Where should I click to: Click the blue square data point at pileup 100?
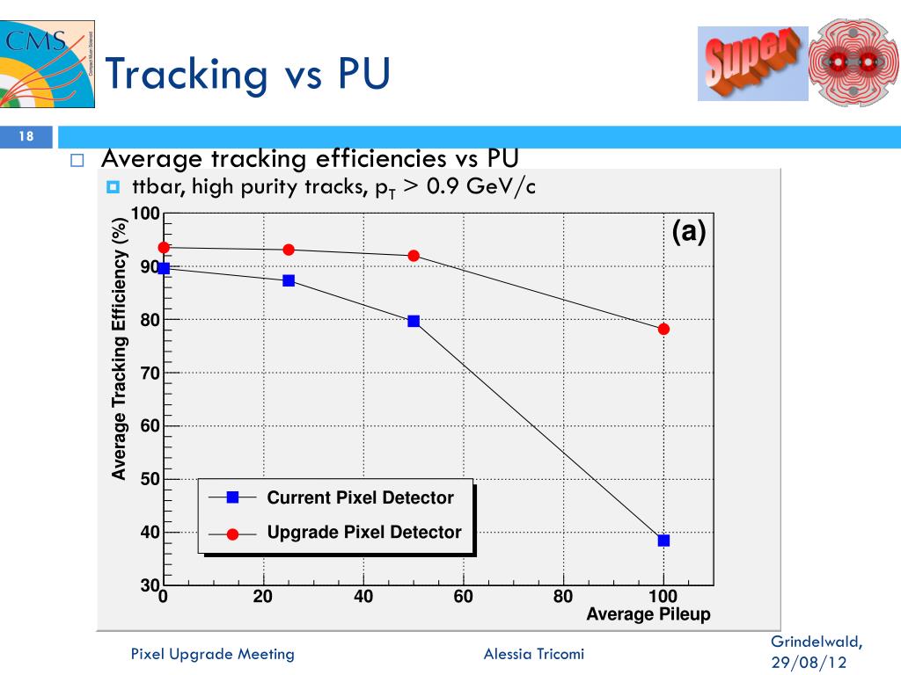coord(663,541)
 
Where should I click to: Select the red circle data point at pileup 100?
coord(663,329)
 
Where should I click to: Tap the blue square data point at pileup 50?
coord(414,322)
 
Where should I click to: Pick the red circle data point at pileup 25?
coord(289,250)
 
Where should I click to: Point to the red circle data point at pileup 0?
coord(164,248)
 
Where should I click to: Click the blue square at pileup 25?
coord(289,280)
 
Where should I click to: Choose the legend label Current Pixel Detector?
coord(360,497)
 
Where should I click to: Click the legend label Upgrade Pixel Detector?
coord(363,532)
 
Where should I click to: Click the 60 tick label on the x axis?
coord(464,598)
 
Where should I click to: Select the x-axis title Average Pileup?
coord(648,614)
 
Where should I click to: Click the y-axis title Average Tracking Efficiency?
coord(119,349)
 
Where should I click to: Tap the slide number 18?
coord(26,136)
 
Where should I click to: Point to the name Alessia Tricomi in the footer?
coord(533,653)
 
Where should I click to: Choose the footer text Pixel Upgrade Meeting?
coord(212,653)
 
